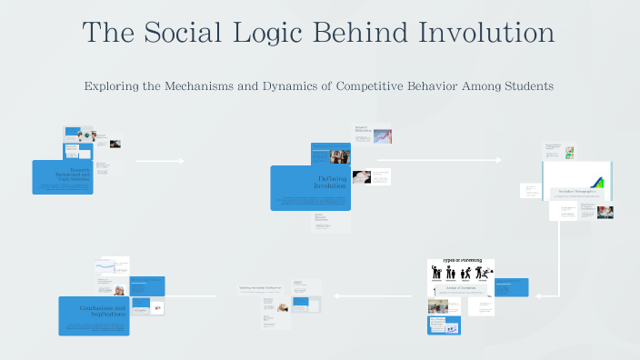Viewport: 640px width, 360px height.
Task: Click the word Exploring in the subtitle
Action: [x=113, y=86]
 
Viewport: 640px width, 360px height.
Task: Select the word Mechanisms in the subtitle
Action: [x=201, y=86]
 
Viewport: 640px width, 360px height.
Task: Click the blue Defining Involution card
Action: [x=310, y=187]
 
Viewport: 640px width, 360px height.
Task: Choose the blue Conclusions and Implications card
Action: [x=94, y=315]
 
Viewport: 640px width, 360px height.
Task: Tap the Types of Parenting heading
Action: [x=462, y=260]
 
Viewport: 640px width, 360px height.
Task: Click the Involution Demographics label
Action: [x=577, y=192]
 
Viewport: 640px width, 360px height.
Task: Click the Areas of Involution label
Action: [x=461, y=287]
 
